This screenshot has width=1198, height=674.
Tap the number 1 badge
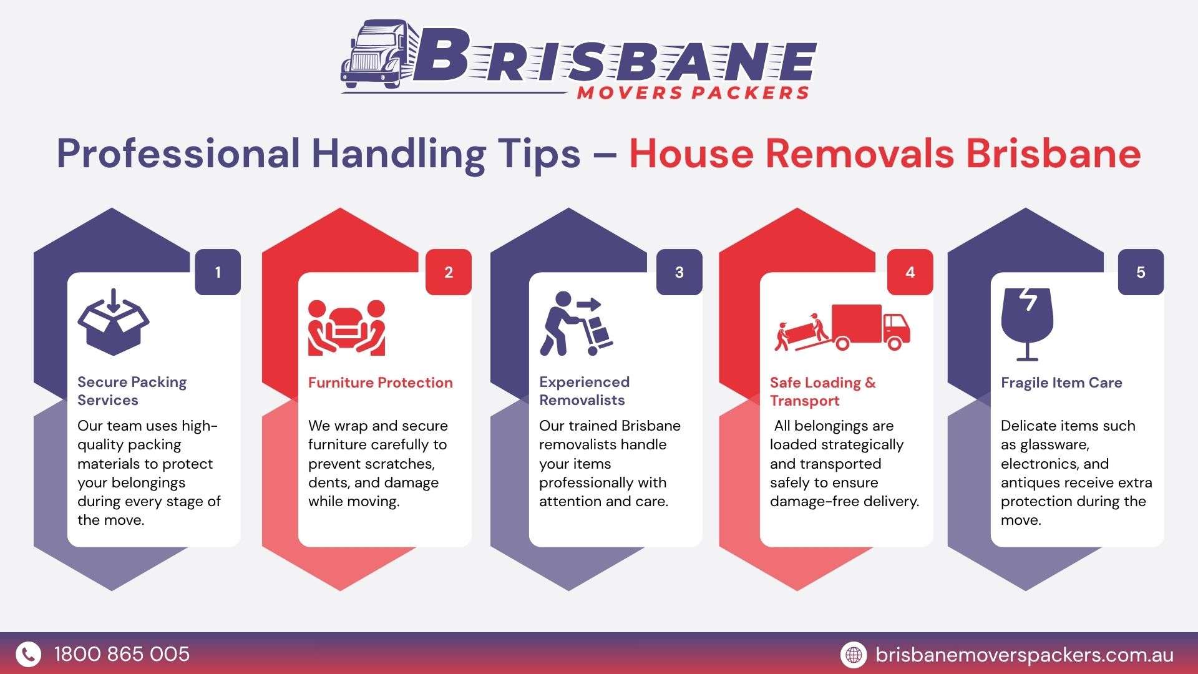tap(218, 272)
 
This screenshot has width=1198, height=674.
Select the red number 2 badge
tap(449, 272)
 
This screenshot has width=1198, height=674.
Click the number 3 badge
tap(679, 272)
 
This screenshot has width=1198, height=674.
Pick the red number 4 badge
tap(910, 272)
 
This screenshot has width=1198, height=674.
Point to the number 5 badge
tap(1141, 272)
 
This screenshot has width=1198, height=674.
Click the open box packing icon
tap(114, 322)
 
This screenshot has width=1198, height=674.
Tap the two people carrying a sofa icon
tap(346, 328)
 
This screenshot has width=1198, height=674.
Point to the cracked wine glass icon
tap(1027, 325)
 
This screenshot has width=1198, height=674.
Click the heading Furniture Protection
tap(381, 383)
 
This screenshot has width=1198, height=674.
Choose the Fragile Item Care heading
tap(1061, 383)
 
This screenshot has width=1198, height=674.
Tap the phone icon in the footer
tap(28, 654)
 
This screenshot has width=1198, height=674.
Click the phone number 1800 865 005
tap(122, 654)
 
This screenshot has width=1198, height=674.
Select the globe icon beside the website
tap(853, 654)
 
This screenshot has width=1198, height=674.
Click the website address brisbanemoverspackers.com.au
tap(1025, 655)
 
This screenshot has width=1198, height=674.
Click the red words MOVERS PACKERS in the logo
tap(693, 92)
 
